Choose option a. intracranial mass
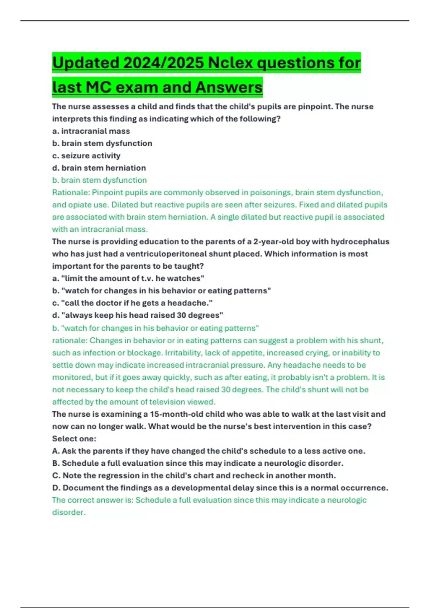[x=91, y=131]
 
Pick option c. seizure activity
[x=86, y=156]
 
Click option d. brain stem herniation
[x=99, y=168]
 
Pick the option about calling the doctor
[x=132, y=303]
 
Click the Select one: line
[x=74, y=438]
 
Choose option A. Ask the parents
[x=209, y=451]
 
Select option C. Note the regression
[x=194, y=475]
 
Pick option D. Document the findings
[x=220, y=487]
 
